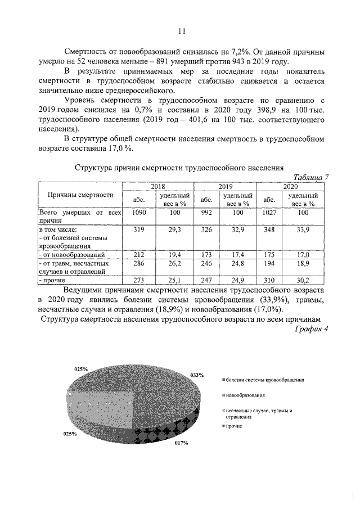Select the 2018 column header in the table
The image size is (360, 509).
tap(157, 186)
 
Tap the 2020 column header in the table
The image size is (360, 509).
tap(290, 186)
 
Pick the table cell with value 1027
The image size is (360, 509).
tap(272, 213)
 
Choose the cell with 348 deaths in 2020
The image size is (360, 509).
tap(272, 229)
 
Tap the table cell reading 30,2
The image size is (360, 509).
tap(303, 280)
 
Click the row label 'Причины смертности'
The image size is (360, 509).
tap(80, 195)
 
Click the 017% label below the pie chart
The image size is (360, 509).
tap(181, 443)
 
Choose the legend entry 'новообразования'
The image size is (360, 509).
tap(246, 396)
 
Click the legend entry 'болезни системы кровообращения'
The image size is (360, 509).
tap(263, 380)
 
